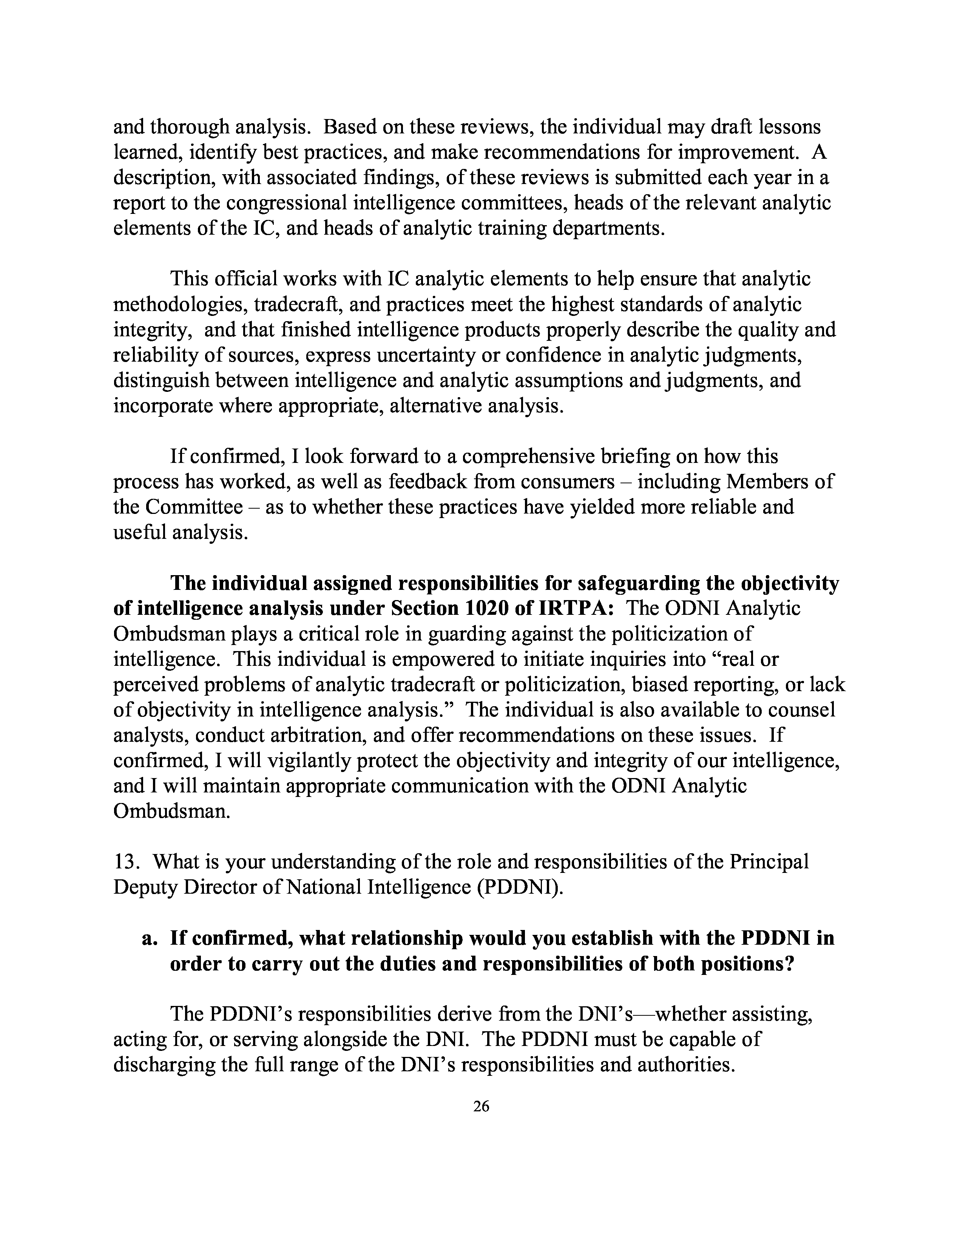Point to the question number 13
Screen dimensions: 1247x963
[x=125, y=862]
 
